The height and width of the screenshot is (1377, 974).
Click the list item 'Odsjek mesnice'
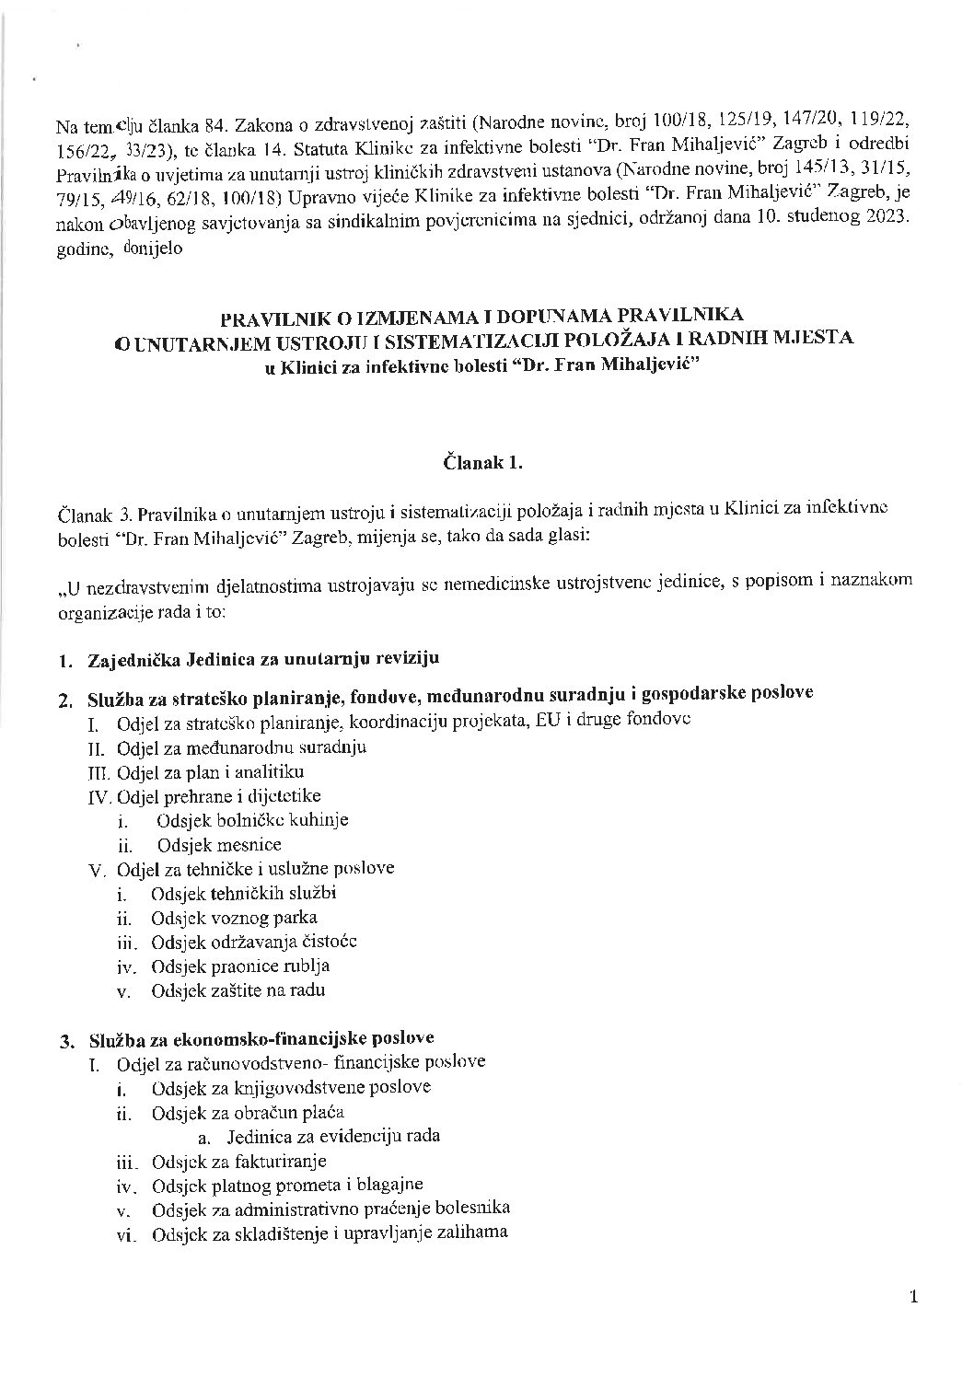[219, 844]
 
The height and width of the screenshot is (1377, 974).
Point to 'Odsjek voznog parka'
[235, 918]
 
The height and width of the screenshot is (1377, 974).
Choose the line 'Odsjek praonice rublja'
[241, 966]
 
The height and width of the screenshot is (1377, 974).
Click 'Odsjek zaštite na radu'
[238, 991]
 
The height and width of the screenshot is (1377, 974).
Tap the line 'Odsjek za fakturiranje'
[239, 1162]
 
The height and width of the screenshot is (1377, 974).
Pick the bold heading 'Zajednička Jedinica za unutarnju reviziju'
[263, 659]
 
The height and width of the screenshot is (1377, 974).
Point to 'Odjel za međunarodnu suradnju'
[242, 746]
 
